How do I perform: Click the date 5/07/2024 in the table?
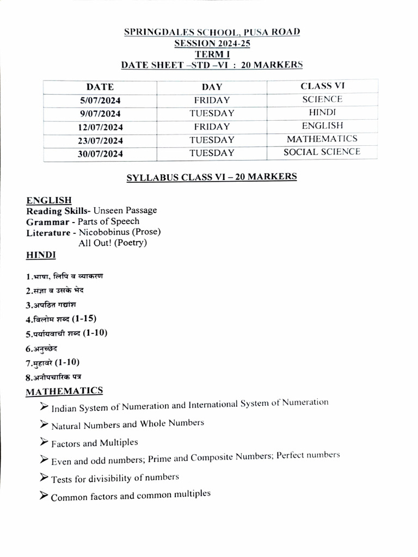100,101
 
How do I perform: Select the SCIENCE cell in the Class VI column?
322,100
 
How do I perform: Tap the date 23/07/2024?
100,140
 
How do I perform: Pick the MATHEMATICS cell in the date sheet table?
322,139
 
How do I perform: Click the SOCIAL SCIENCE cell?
322,152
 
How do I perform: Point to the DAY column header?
212,87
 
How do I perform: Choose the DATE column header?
100,87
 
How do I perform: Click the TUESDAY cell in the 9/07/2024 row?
212,114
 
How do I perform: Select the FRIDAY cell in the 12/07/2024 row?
212,127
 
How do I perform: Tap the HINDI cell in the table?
322,113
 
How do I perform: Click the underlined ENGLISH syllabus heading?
49,200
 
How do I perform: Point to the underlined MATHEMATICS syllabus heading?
64,391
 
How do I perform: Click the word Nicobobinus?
103,232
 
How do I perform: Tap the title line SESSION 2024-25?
212,44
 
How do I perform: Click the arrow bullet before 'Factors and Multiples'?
44,442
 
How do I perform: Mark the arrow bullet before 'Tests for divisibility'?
44,478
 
